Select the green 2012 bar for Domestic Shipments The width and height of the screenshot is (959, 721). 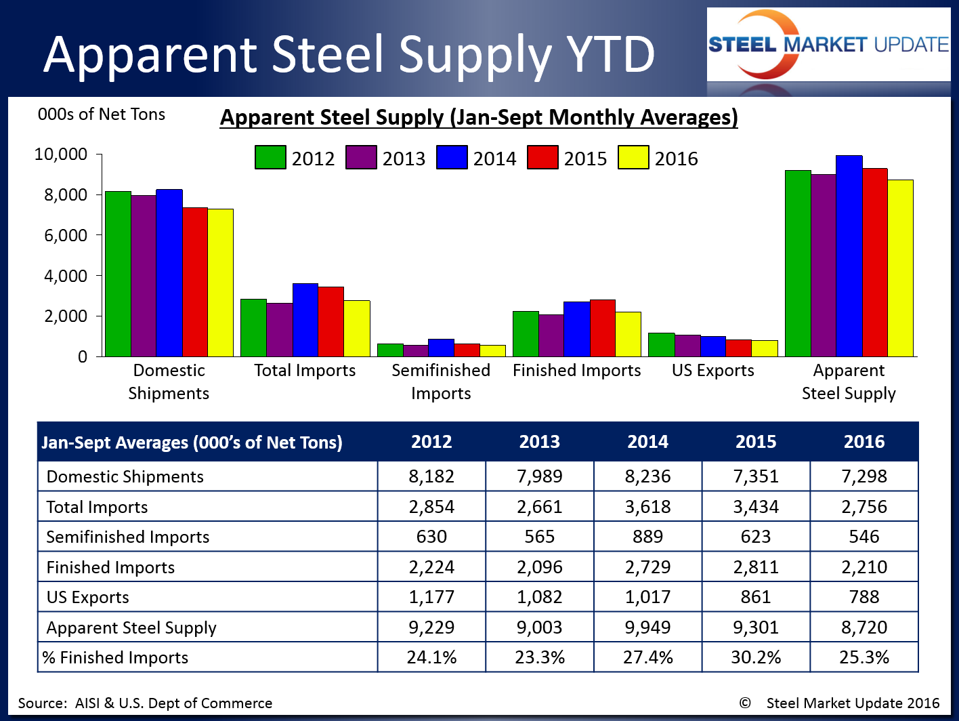(x=118, y=274)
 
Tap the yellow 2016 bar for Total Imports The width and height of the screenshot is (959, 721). (x=357, y=329)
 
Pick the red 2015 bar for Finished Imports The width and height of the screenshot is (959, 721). (x=602, y=328)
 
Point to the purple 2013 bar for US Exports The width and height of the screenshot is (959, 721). (x=687, y=346)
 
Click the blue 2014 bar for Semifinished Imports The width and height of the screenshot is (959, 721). (x=441, y=348)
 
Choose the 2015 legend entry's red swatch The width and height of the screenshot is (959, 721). (x=542, y=157)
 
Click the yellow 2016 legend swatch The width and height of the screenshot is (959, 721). (x=633, y=157)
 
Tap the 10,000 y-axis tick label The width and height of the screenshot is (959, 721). (x=61, y=154)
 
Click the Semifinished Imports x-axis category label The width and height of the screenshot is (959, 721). (x=441, y=382)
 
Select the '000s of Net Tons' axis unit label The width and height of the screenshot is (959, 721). (x=102, y=115)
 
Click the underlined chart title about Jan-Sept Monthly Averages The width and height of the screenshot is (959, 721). (x=479, y=117)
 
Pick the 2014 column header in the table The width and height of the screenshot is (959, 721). (x=647, y=442)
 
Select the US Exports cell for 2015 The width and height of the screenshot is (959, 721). (x=756, y=597)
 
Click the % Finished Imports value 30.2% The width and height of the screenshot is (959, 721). (x=756, y=657)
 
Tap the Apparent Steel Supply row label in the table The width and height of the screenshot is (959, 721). (x=131, y=627)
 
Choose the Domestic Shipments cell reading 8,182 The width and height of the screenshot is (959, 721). (x=431, y=476)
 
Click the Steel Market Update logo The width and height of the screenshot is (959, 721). (x=828, y=45)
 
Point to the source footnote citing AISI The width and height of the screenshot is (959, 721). (x=145, y=703)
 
